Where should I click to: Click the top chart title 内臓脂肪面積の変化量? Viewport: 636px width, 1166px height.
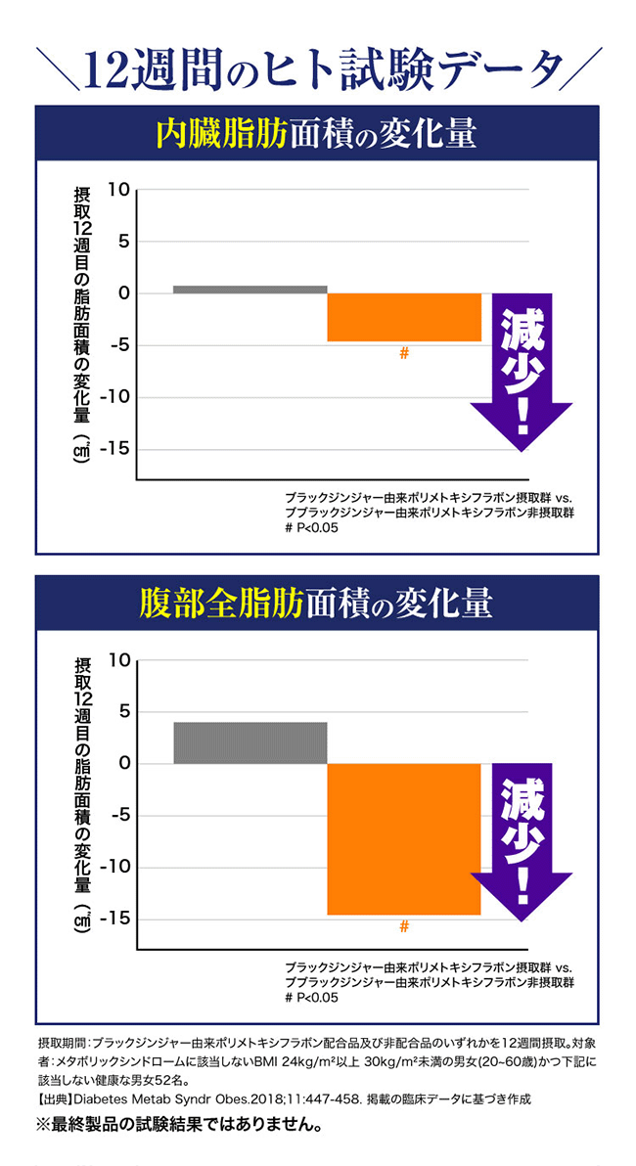tap(317, 134)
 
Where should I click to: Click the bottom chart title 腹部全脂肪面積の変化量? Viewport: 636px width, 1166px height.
tap(317, 605)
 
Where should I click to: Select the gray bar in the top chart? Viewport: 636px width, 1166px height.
tap(250, 290)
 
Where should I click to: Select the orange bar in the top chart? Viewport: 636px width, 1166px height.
tap(403, 317)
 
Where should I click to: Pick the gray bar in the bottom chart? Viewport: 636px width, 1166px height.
tap(250, 742)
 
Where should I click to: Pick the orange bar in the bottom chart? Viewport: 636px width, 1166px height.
tap(403, 838)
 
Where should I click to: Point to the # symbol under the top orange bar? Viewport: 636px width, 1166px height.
tap(403, 354)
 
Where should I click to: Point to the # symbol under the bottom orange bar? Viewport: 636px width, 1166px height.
tap(403, 926)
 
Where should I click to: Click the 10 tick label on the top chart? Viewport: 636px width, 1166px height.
tap(117, 189)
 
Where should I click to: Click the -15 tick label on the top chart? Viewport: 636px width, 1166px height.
tap(114, 449)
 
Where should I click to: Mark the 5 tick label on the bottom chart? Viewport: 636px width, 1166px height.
tap(123, 711)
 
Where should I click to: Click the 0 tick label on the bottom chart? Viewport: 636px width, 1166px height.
tap(123, 763)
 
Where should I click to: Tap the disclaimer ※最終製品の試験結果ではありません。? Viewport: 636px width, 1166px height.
tap(179, 1125)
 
